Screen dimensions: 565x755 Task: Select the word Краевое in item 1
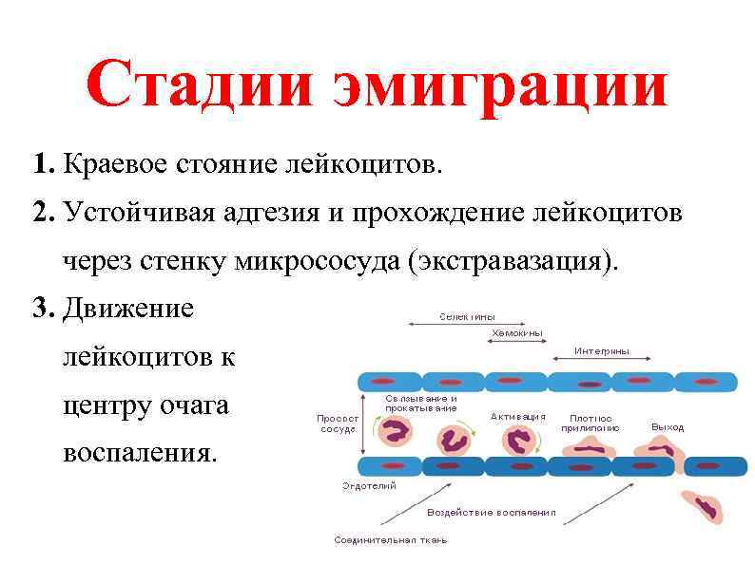pyautogui.click(x=113, y=167)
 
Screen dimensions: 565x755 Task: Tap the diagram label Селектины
pyautogui.click(x=466, y=317)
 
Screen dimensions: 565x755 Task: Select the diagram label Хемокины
pyautogui.click(x=516, y=334)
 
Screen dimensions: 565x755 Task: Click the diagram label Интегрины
pyautogui.click(x=601, y=351)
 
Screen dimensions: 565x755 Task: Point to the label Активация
pyautogui.click(x=517, y=417)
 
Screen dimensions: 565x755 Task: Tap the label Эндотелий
pyautogui.click(x=369, y=486)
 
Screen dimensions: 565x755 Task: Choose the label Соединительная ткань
pyautogui.click(x=390, y=540)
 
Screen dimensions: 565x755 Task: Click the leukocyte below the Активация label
pyautogui.click(x=517, y=441)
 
